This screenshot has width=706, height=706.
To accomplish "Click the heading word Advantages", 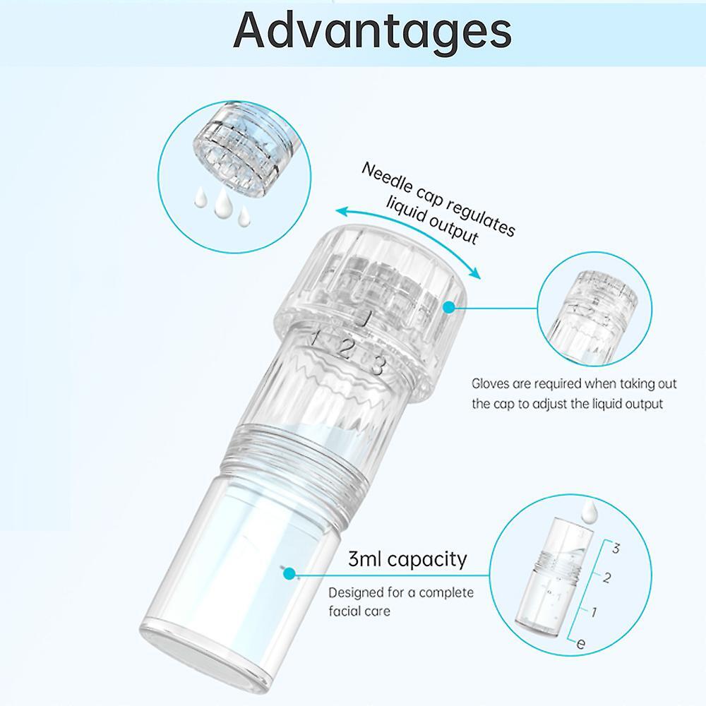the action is (x=372, y=30).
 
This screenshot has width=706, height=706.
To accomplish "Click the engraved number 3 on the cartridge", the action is (x=378, y=365).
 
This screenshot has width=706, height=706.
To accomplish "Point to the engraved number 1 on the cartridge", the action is (x=316, y=337).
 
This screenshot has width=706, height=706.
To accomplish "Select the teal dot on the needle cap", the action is (x=448, y=308).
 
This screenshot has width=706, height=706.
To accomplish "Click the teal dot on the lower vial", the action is (x=290, y=573).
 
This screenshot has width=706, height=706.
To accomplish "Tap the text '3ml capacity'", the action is (x=407, y=558).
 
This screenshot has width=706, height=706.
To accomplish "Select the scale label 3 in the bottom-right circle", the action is (x=616, y=548).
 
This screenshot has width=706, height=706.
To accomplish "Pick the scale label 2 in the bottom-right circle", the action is (x=606, y=578).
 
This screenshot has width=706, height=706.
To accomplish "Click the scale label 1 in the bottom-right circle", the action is (x=594, y=612).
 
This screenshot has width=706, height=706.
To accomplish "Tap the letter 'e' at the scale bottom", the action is (x=581, y=643).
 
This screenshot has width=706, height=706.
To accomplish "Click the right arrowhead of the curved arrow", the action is (x=474, y=273).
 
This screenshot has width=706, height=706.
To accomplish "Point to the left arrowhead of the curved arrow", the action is (x=343, y=211).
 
